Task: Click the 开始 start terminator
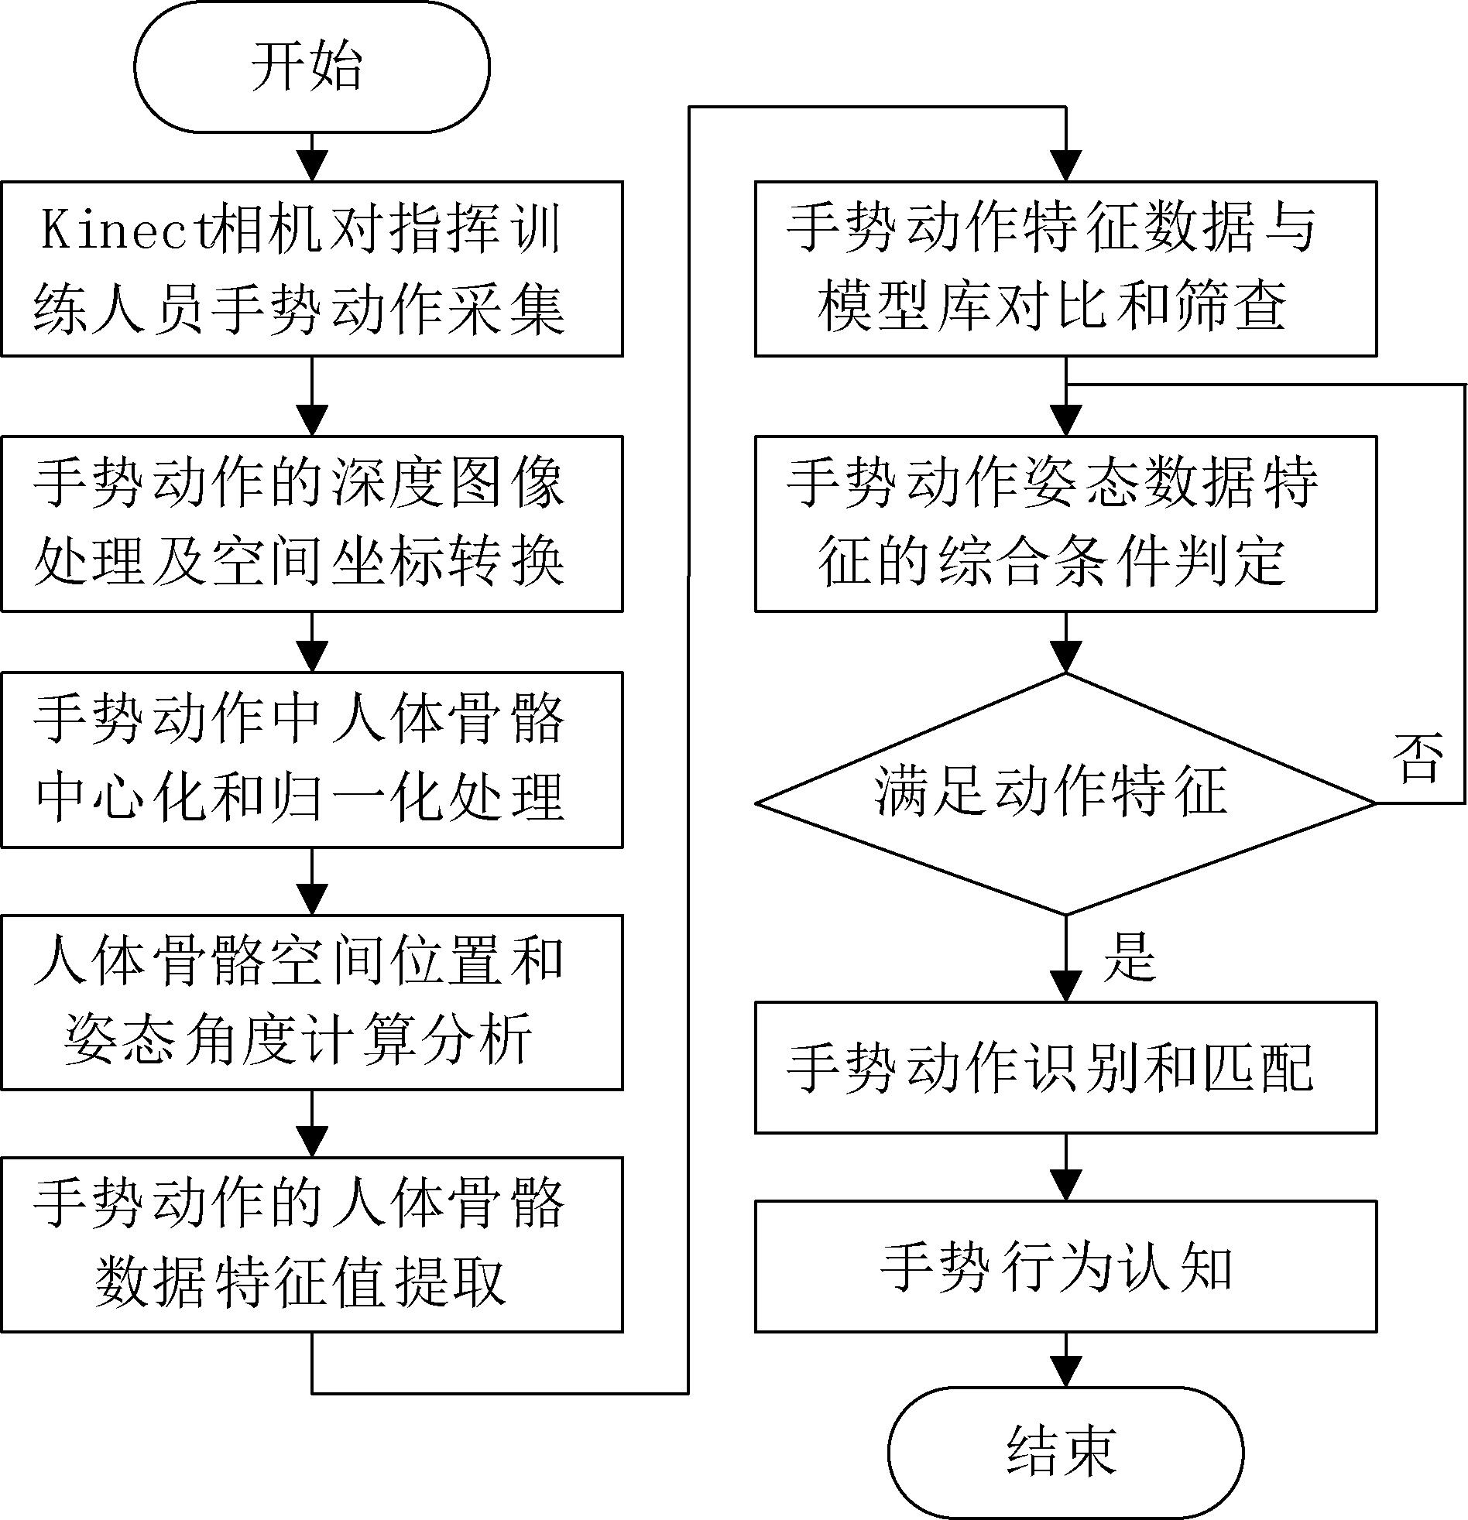312,67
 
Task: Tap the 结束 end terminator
1065,1452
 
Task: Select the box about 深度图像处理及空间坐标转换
312,523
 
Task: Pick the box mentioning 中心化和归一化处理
312,760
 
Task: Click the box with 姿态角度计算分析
312,1003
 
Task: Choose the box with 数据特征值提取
312,1244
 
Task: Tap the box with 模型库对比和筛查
1066,269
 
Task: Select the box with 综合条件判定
1066,523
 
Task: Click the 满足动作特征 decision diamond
1066,793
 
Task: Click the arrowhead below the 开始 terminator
312,166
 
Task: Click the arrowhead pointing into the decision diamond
1066,657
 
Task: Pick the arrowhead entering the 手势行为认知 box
1066,1185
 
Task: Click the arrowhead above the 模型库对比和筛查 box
1066,166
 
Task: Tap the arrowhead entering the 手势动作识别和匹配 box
1066,987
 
